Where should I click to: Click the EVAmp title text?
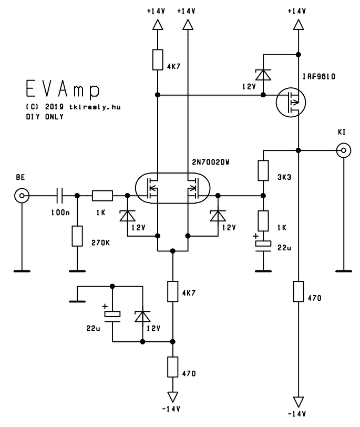63,88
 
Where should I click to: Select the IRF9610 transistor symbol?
291,103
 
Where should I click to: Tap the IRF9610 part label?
319,77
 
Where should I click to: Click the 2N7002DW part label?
211,162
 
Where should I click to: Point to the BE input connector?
22,196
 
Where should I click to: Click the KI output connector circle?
344,150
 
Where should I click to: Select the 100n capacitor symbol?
60,196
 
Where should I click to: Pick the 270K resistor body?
77,236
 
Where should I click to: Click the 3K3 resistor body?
263,170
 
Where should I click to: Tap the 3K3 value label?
284,177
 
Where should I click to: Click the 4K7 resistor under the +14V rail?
158,59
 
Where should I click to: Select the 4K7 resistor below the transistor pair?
172,291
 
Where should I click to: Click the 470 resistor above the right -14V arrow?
298,291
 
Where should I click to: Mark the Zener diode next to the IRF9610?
263,75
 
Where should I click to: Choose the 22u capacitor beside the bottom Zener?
112,316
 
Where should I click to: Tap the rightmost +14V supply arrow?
298,25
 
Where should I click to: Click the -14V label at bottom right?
296,414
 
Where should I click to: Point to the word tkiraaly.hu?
95,107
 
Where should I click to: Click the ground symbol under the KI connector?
344,271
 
